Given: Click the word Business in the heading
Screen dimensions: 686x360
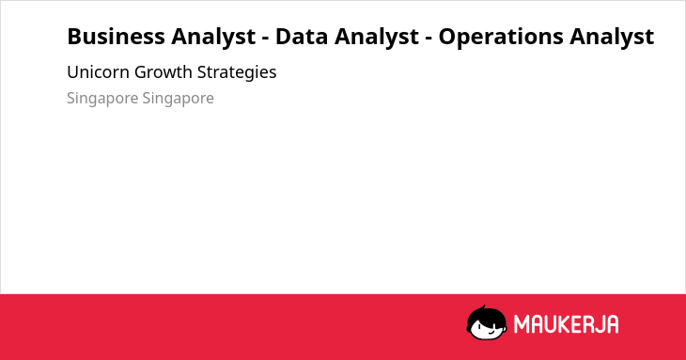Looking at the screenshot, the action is (115, 37).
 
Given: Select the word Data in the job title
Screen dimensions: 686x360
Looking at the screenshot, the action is (302, 37).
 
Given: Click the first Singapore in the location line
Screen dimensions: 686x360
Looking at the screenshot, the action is (102, 99).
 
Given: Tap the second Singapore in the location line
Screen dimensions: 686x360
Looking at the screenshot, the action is (178, 99).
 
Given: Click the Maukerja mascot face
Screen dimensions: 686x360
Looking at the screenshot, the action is (487, 322).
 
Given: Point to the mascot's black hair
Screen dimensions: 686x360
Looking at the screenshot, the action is (485, 314).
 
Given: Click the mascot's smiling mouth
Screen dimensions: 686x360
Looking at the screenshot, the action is (490, 333).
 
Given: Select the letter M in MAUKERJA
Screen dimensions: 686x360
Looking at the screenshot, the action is (521, 324).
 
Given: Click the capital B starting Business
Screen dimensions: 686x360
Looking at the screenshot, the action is (74, 37).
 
